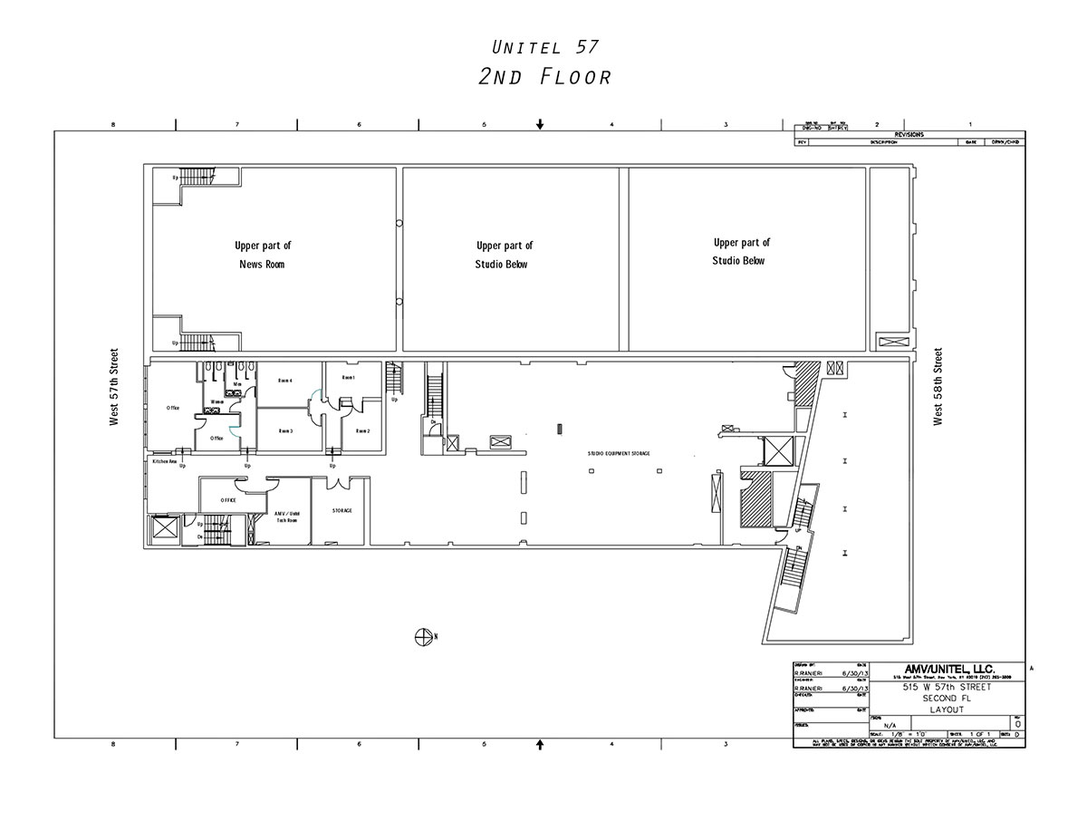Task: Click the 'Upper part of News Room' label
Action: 263,255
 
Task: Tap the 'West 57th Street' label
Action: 115,387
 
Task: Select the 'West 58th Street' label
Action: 938,387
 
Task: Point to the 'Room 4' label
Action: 285,381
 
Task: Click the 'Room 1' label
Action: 348,377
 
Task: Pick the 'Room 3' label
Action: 285,431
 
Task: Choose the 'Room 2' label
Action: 362,431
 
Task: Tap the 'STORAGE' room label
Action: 341,511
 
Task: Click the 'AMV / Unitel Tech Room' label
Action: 288,516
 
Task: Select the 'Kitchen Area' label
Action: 164,461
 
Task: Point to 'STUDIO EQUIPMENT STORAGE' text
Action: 618,453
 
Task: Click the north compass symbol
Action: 422,636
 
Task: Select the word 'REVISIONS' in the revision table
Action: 909,134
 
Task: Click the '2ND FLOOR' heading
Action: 544,77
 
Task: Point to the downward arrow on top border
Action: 540,124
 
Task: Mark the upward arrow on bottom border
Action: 540,744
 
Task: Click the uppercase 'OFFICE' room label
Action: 228,500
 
